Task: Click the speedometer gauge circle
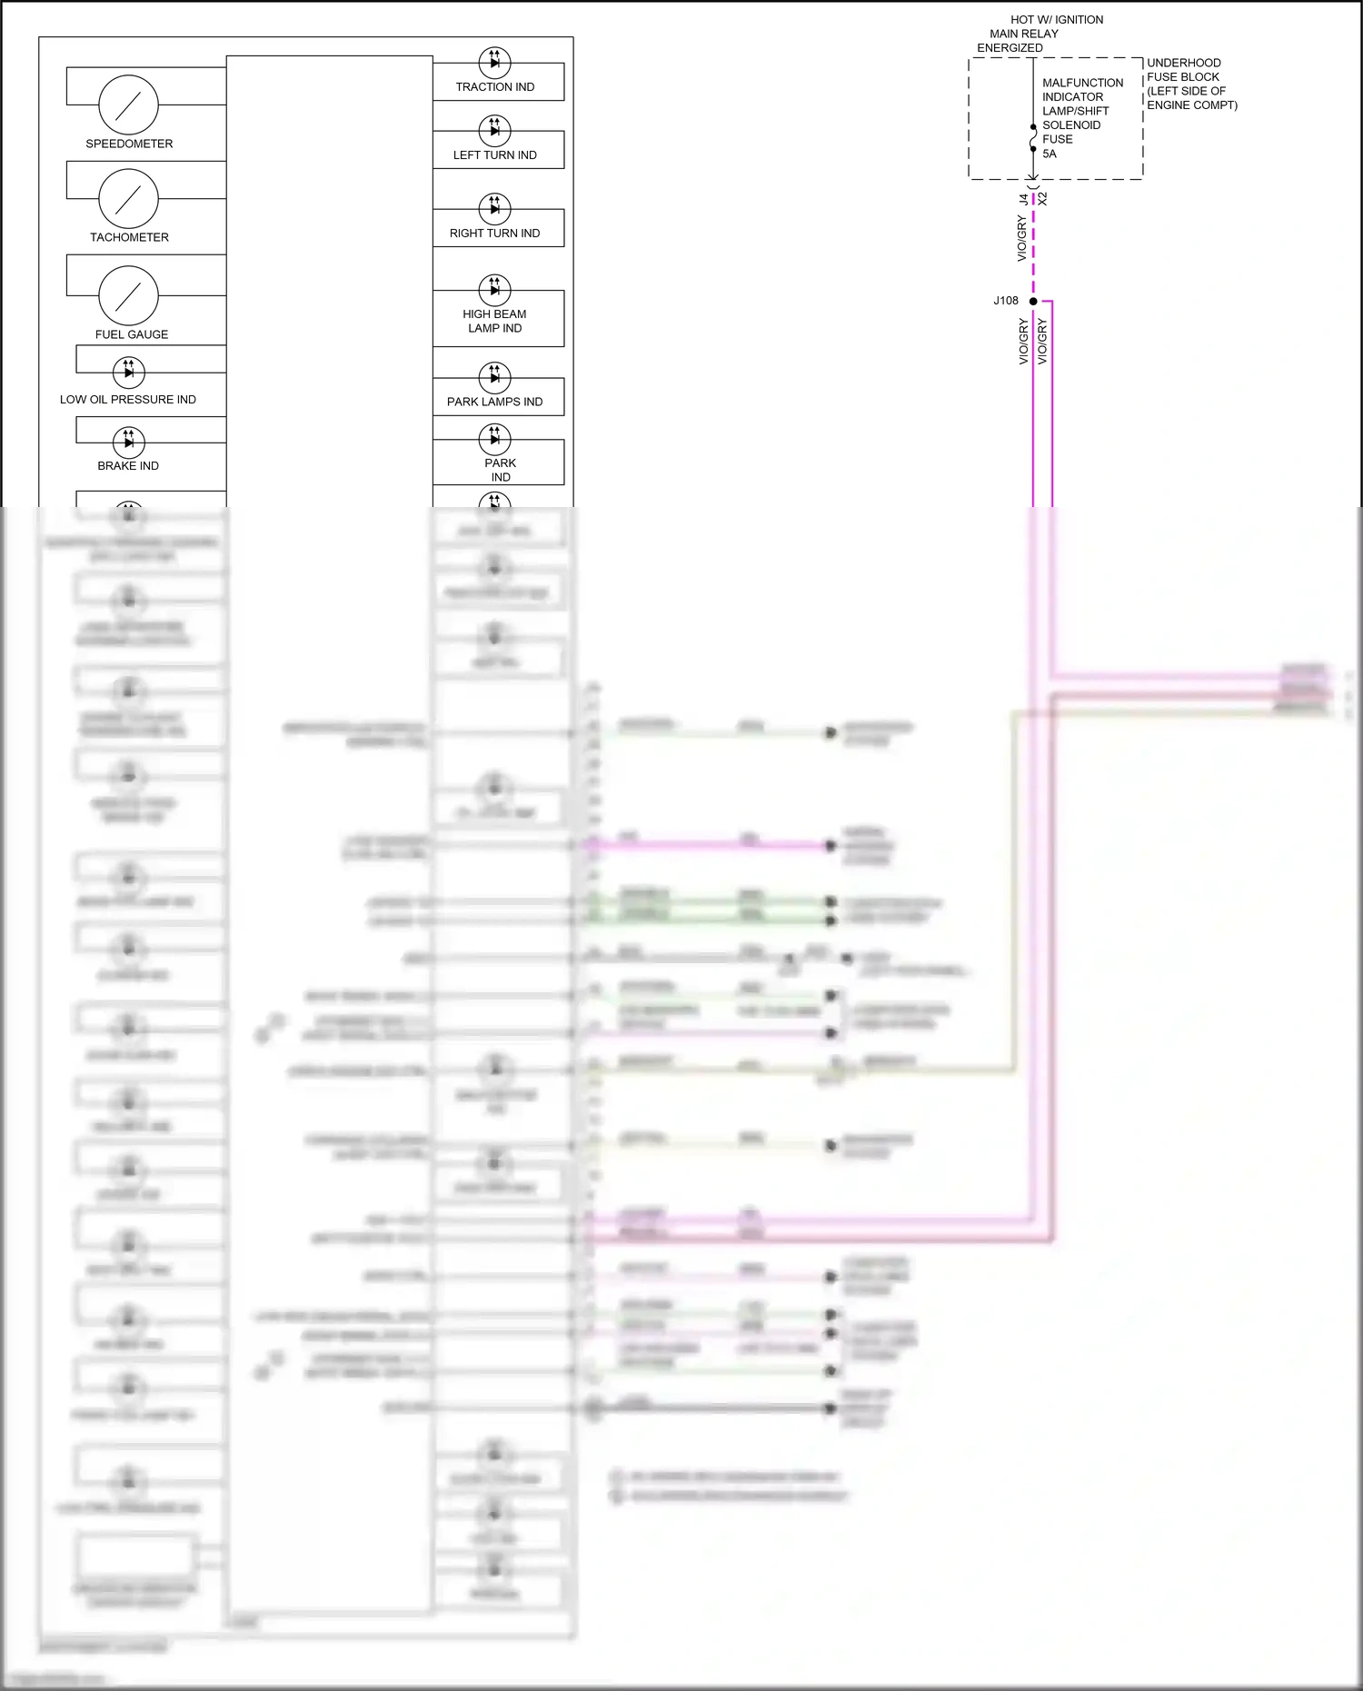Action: pos(128,104)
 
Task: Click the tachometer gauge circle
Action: pos(128,198)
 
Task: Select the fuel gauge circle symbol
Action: pos(128,295)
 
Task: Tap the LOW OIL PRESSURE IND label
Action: pos(128,400)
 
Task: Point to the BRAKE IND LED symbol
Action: pos(128,443)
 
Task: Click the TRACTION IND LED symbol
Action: pos(494,63)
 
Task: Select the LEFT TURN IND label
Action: pos(495,155)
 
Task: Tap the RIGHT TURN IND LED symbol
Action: pos(494,208)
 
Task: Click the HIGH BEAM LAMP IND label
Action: pos(494,322)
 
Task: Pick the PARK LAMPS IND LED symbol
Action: pos(494,377)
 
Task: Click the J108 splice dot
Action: pos(1033,301)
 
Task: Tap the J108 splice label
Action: pos(1006,301)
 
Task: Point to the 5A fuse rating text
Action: pos(1050,154)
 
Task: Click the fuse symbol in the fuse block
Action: pos(1033,138)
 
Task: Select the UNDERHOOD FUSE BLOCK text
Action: pos(1191,84)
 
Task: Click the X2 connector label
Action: pos(1043,198)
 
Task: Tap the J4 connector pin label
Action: pos(1024,198)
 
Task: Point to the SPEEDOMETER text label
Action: pos(129,144)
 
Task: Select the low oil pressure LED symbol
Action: pos(128,372)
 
